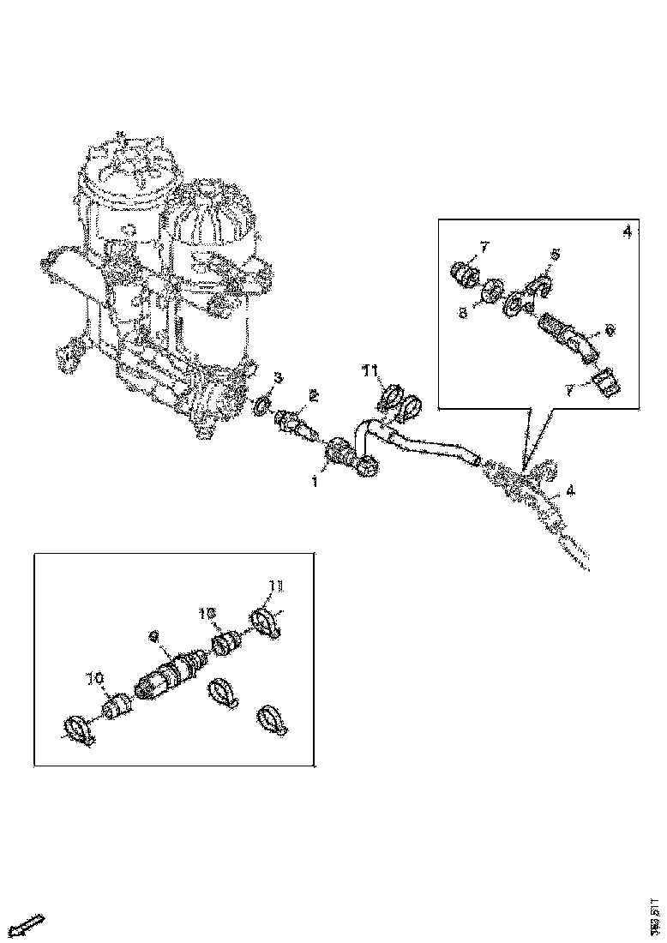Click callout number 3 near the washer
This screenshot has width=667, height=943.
coord(278,377)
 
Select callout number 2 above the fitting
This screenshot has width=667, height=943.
coord(314,395)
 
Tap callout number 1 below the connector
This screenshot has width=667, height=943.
coord(314,483)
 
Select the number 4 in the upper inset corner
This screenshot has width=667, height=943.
coord(627,232)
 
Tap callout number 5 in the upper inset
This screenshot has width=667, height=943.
coord(555,255)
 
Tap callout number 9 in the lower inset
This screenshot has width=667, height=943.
coord(153,637)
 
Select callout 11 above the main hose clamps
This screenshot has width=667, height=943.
coord(370,370)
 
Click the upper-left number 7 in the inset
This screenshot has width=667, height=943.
coord(484,248)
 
